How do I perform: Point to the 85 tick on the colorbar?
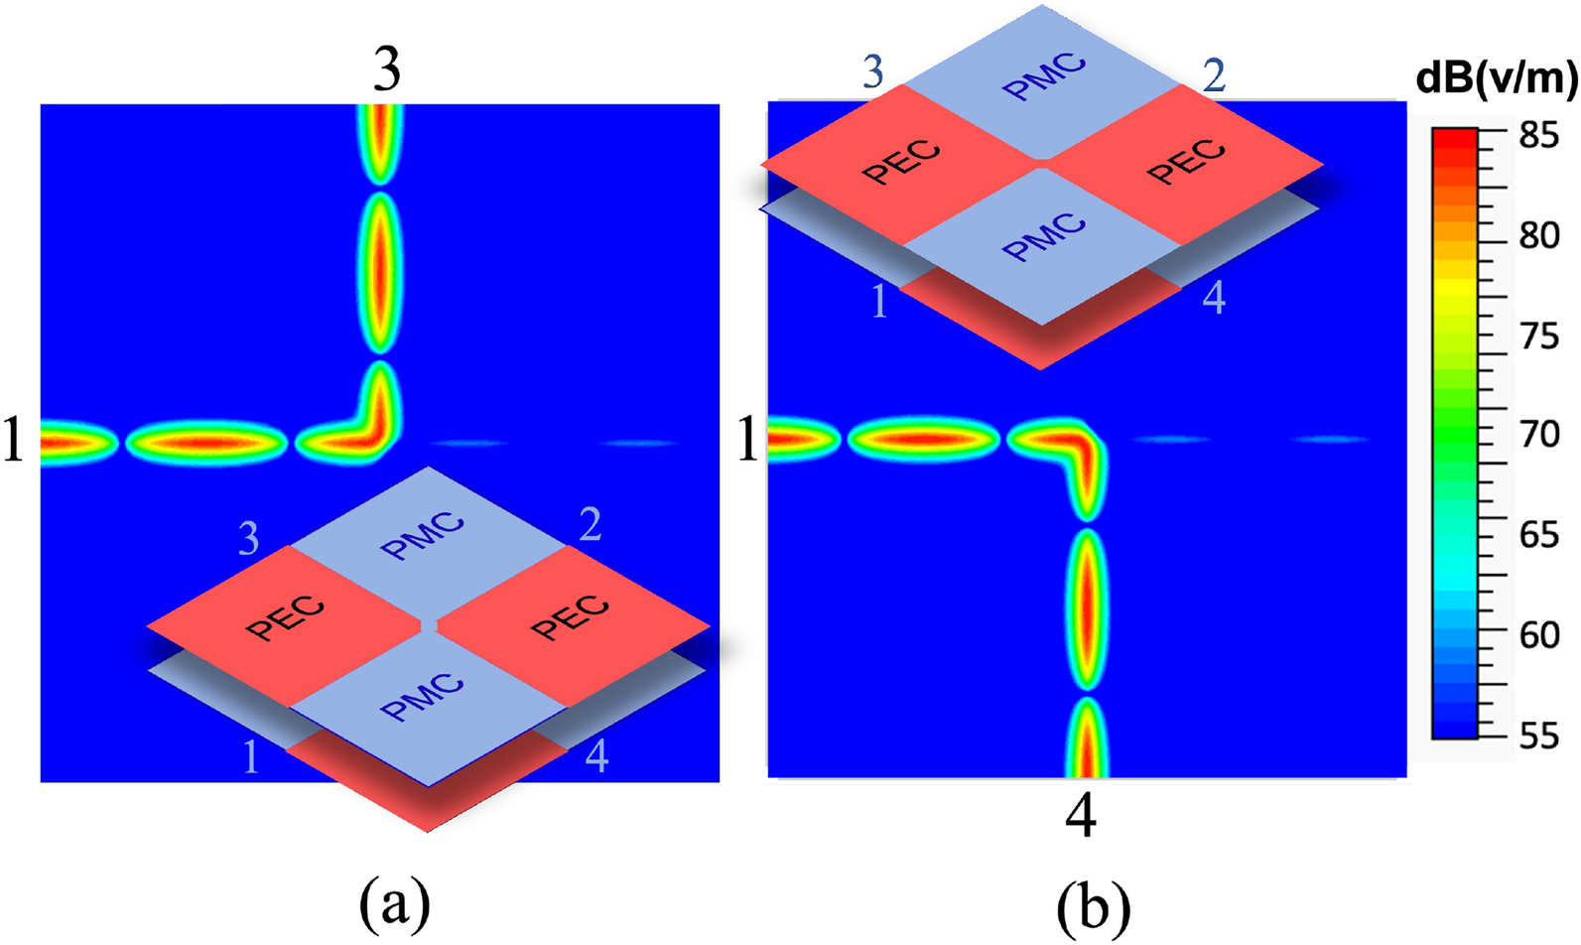coord(1538,135)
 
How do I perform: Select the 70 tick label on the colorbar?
coord(1539,434)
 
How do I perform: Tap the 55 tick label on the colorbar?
coord(1539,736)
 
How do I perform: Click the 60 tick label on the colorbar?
coord(1539,634)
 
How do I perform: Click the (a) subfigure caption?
coord(394,902)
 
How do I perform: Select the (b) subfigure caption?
coord(1093,904)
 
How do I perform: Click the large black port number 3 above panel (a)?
coord(387,70)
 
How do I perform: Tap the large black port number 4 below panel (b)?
coord(1081,817)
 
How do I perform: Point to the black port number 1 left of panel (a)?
coord(13,442)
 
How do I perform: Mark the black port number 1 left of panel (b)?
coord(748,440)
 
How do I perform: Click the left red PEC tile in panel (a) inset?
coord(286,622)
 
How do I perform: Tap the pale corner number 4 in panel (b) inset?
coord(1213,297)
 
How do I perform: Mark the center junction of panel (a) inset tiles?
coord(429,625)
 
